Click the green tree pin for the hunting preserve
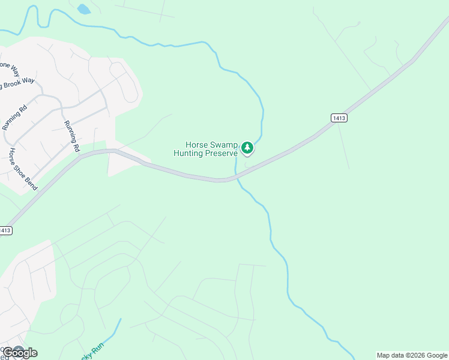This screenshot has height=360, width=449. [x=247, y=147]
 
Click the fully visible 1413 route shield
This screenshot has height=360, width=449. [x=339, y=118]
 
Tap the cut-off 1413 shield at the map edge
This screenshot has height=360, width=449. [x=5, y=230]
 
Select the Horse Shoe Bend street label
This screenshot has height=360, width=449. [x=22, y=169]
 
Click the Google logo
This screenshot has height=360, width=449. [x=20, y=352]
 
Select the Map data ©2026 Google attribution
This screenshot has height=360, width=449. [x=412, y=355]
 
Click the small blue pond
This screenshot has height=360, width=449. [x=83, y=8]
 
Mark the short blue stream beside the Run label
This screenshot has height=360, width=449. [x=113, y=330]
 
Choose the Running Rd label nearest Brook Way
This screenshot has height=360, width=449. [x=15, y=118]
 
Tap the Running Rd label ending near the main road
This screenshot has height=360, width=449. [x=72, y=136]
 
